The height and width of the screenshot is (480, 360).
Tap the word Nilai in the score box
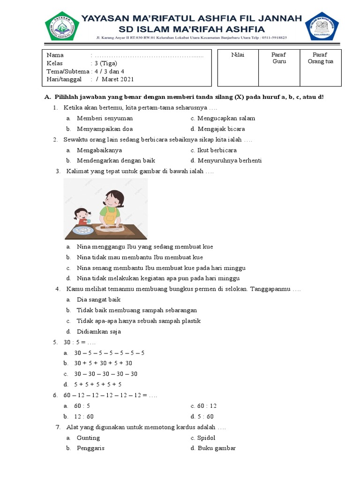238,55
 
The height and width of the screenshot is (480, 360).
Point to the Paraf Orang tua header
321,58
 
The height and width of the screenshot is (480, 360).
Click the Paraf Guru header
279,58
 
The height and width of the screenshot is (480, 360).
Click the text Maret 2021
118,79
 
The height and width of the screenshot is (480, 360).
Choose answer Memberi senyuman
105,118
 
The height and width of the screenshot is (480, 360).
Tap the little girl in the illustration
81,216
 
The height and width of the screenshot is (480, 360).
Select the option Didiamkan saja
98,331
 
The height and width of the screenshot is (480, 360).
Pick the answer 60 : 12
207,406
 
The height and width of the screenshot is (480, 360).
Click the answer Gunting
88,438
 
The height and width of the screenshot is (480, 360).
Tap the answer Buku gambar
216,448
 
